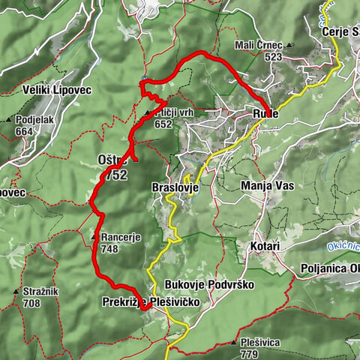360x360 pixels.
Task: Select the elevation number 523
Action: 273,56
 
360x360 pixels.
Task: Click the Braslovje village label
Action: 174,187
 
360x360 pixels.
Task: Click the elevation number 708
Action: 31,304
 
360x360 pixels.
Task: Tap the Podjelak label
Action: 34,120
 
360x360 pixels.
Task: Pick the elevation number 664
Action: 25,132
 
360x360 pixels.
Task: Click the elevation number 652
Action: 163,124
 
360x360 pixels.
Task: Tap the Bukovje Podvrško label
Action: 208,285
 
